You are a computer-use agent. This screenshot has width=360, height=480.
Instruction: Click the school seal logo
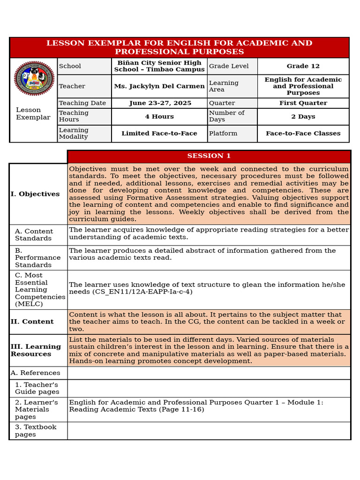pos(34,78)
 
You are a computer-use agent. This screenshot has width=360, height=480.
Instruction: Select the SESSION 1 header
pos(209,156)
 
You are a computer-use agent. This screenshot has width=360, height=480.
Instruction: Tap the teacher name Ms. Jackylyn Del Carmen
pos(159,86)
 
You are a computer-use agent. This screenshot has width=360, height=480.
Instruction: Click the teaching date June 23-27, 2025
pos(160,103)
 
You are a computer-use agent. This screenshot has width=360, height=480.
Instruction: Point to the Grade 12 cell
pos(303,66)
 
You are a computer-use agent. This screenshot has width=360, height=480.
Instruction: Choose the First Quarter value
pos(303,103)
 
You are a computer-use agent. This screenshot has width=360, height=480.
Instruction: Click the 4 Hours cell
pos(159,117)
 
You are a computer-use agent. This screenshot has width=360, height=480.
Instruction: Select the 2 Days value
pos(303,117)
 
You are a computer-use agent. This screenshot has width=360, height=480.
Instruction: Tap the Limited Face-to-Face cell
pos(159,134)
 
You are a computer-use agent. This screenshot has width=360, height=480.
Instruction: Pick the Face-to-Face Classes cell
pos(303,134)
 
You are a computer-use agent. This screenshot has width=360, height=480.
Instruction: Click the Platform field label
pos(223,134)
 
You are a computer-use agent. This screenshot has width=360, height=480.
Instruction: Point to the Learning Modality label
pos(74,134)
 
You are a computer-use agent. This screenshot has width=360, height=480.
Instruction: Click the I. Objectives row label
pos(35,194)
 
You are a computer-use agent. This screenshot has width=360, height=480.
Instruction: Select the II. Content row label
pos(32,322)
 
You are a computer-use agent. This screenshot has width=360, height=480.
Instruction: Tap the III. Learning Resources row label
pos(36,350)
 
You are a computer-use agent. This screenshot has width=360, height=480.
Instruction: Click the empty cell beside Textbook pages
pos(209,431)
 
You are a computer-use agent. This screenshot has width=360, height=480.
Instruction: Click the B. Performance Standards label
pos(37,258)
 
